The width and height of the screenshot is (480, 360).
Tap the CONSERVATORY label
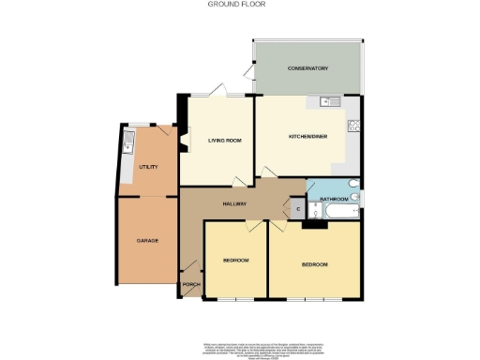[307, 68]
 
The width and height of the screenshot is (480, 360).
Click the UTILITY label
[147, 167]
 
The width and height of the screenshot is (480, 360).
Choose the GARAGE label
[147, 241]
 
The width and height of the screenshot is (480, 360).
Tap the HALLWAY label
[234, 203]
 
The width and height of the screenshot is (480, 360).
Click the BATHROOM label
[335, 200]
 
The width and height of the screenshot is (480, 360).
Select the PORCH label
[191, 283]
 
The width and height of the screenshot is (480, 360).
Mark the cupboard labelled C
[297, 210]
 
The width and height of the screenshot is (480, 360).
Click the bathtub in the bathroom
[336, 216]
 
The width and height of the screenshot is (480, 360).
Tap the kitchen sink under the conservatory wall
[328, 101]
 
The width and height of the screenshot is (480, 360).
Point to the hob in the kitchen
[354, 125]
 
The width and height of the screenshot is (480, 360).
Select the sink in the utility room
[128, 144]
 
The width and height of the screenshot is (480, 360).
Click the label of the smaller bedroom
[236, 260]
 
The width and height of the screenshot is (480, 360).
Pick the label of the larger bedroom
[315, 265]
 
